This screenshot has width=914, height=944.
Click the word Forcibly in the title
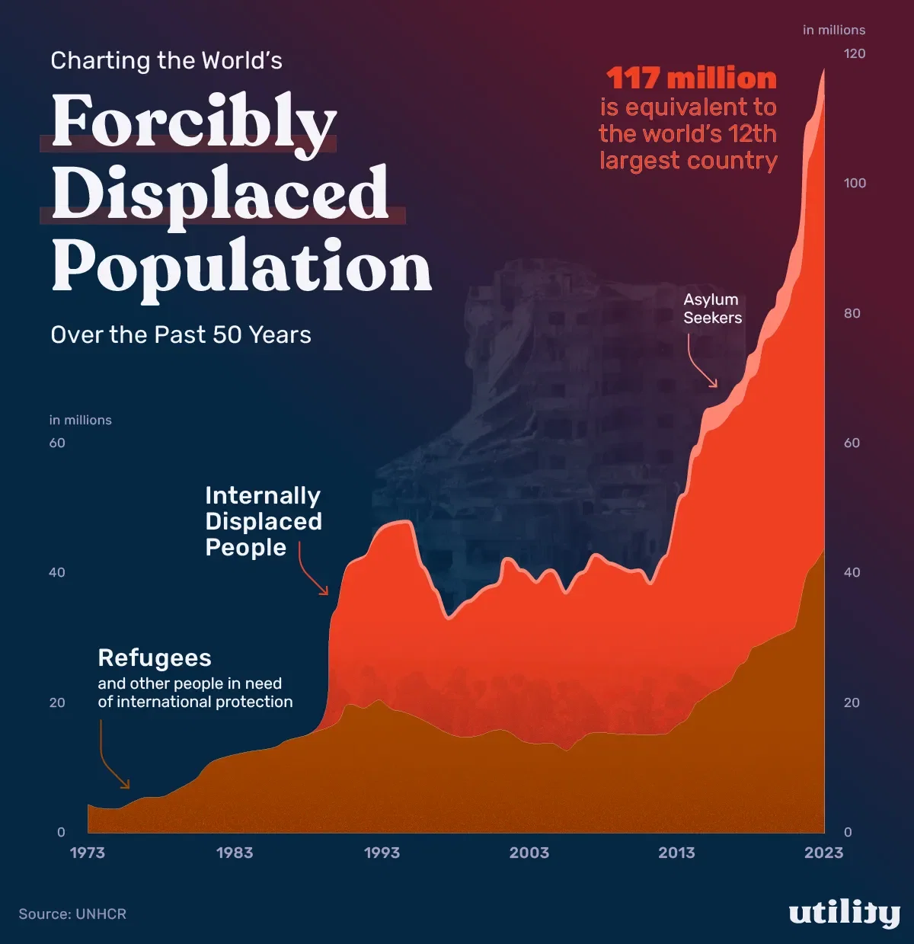pos(193,122)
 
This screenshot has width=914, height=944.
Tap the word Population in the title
pos(241,267)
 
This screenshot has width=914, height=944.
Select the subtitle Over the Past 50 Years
pos(181,335)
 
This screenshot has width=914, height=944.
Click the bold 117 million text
pos(691,78)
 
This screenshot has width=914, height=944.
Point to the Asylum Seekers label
pos(711,309)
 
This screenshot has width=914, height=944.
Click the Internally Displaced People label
pos(263,521)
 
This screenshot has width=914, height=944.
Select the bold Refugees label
pos(155,658)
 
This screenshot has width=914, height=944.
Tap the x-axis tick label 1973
pos(88,853)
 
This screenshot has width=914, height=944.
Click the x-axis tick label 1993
pos(382,853)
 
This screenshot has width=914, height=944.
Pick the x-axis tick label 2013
pos(676,853)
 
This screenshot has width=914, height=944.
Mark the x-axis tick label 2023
pos(823,853)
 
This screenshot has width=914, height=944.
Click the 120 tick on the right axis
pos(855,53)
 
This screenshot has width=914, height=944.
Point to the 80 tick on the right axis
pos(852,313)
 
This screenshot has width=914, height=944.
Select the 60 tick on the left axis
pos(57,443)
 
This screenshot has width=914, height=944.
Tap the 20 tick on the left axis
pos(57,702)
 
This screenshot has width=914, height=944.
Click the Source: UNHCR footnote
pos(72,914)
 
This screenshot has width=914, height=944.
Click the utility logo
pos(844,913)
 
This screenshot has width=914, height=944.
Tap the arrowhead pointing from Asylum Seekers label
pos(714,383)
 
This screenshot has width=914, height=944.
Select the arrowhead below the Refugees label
pos(126,784)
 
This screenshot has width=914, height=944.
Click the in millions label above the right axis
pos(834,30)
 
